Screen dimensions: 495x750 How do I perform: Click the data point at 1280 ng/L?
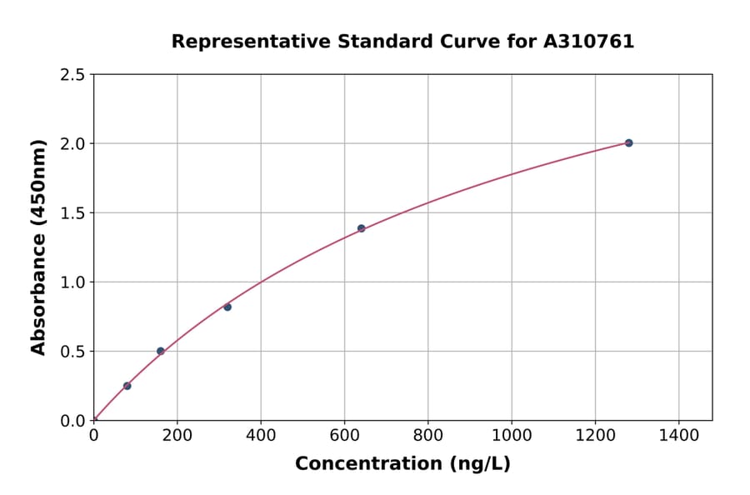click(x=628, y=143)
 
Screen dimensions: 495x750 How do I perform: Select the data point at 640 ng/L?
click(x=361, y=228)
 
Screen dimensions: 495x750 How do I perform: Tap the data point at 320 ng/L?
click(x=227, y=307)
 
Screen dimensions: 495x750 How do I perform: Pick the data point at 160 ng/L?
click(x=161, y=351)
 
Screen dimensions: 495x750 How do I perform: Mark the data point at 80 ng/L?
click(x=127, y=386)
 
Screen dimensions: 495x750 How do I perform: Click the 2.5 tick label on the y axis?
click(x=72, y=75)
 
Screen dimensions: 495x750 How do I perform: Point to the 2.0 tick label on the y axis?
click(x=72, y=144)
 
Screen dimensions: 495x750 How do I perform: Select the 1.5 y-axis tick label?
click(x=72, y=213)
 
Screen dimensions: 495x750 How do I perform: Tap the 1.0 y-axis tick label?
click(x=72, y=282)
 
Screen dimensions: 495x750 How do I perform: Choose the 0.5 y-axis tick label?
click(x=72, y=352)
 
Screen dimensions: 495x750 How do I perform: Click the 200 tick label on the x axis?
click(x=177, y=435)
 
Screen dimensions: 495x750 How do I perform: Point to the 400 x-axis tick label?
click(x=261, y=435)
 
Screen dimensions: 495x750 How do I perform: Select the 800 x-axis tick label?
click(x=428, y=435)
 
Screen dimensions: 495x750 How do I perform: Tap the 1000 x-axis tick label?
click(x=512, y=435)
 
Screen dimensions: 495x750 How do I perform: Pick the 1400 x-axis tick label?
click(x=678, y=435)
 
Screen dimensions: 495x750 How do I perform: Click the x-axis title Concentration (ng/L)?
click(x=402, y=464)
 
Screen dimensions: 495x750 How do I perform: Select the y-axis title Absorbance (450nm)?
click(x=38, y=247)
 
